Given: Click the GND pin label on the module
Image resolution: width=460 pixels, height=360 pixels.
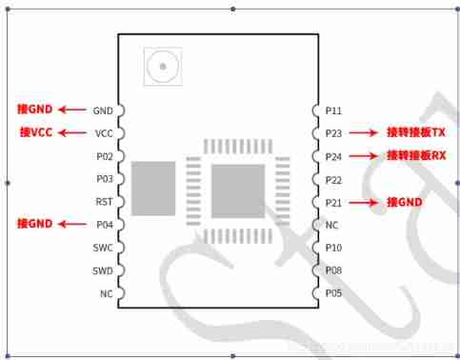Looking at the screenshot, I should point(104,110).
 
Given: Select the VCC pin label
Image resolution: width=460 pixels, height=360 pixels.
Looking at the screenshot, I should point(104,133).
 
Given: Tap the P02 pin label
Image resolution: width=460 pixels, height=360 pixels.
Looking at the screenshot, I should point(104,156).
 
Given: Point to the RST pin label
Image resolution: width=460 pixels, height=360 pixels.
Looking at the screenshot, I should point(104,202).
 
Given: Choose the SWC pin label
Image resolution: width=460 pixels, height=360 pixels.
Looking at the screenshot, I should point(104,248).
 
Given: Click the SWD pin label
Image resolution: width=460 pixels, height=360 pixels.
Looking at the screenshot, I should point(104,270).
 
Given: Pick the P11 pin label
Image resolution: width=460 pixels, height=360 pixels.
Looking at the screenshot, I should point(332,110).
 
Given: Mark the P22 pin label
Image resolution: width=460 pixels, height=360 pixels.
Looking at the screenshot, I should point(332,179).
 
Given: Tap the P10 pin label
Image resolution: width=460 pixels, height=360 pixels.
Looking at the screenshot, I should point(332,248).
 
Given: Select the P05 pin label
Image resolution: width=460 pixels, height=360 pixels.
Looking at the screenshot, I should point(332,293).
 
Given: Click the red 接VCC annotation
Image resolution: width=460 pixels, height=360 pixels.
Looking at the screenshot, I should point(36,132).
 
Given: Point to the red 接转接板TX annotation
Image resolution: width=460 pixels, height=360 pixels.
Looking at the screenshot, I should point(415,132).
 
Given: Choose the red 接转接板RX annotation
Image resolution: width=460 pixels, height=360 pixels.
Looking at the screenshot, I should point(415,155).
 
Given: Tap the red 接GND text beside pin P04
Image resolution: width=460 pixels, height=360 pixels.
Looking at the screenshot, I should point(35,224).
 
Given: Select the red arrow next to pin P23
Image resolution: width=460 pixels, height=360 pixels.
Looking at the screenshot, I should point(364,133).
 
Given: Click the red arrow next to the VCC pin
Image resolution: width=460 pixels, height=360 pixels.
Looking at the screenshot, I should point(72,133).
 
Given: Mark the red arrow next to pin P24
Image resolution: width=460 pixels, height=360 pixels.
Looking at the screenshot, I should point(364,156).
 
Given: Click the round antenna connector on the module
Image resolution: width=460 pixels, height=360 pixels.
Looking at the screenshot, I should point(162,67).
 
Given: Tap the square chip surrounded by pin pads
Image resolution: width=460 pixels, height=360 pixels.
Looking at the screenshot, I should point(238,190).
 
